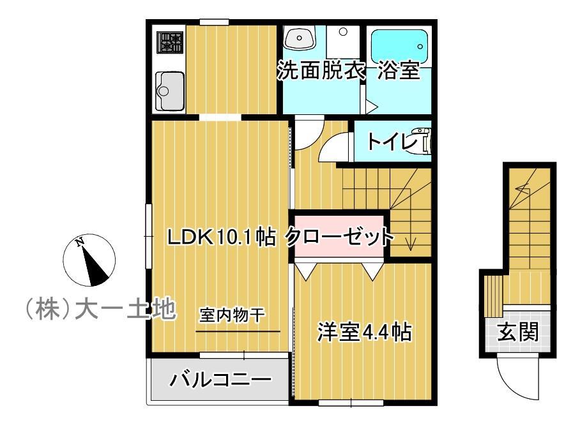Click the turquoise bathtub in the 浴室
tap(399, 45)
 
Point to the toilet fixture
tap(423, 141)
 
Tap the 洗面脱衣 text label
tap(320, 71)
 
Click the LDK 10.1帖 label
tap(221, 237)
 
